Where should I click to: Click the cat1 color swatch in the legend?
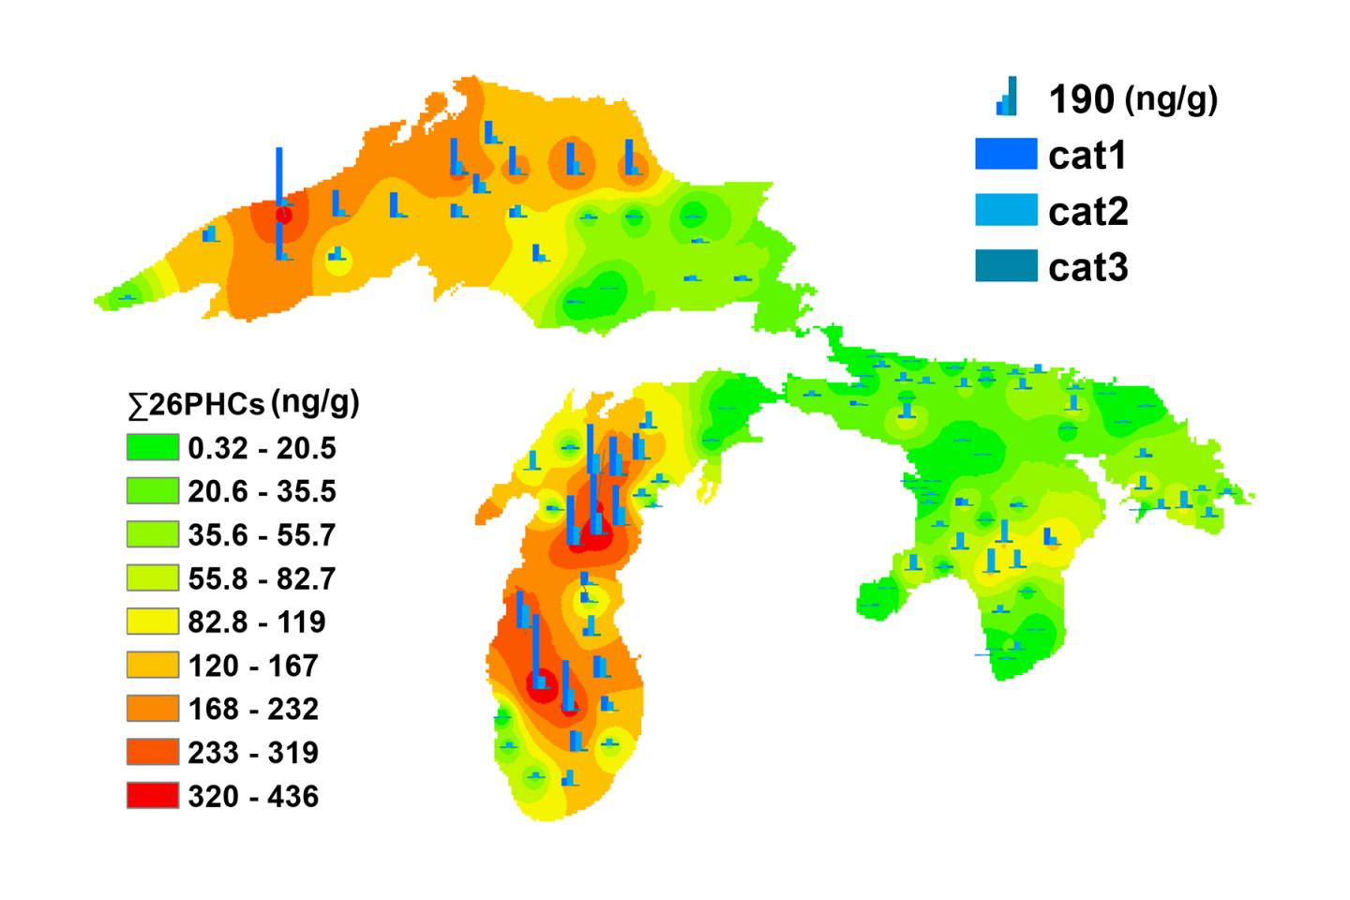click(1006, 155)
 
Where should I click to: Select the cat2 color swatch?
click(1006, 211)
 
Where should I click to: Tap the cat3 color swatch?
click(1006, 267)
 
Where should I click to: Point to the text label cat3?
click(1087, 268)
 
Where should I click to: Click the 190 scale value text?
click(1081, 99)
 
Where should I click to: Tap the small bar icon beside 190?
click(1006, 97)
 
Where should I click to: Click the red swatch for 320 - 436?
click(152, 796)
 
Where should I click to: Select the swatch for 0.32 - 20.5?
click(152, 448)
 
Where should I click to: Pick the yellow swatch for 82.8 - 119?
click(152, 622)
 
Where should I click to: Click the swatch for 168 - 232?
click(152, 709)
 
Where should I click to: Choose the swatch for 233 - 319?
click(152, 752)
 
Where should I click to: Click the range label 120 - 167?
click(253, 666)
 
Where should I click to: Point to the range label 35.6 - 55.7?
click(262, 535)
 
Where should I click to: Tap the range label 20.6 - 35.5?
click(262, 492)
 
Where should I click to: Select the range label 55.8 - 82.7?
click(262, 578)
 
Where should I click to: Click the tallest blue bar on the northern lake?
click(278, 178)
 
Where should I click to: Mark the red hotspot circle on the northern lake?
click(282, 216)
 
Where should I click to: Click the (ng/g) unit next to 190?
click(1171, 99)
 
